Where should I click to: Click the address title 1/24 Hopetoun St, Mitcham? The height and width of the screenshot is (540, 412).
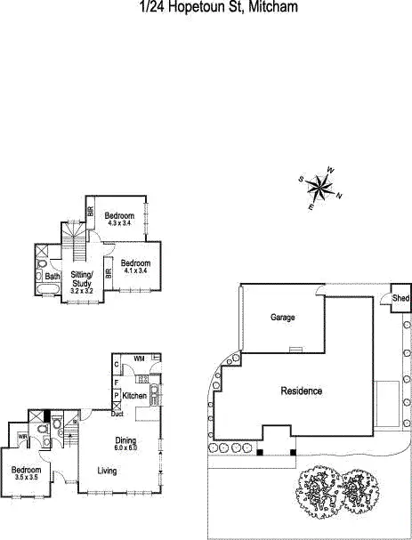[205, 7]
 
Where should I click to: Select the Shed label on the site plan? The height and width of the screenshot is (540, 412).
[401, 299]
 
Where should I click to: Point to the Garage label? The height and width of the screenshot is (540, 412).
[283, 317]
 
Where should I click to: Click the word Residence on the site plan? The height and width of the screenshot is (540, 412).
[302, 391]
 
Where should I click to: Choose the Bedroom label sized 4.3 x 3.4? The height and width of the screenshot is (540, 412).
[118, 216]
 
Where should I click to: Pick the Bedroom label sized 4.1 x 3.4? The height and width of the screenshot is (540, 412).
[135, 263]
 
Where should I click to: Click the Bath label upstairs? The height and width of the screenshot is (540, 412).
[53, 277]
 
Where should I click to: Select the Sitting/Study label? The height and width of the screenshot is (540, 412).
[82, 279]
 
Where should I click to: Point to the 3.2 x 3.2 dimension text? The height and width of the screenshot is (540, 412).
[82, 291]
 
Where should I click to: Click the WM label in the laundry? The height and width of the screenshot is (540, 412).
[139, 358]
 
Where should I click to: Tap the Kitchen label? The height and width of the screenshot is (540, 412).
[134, 395]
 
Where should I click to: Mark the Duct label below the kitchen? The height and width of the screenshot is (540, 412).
[117, 414]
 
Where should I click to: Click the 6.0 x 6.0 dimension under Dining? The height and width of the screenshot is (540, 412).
[125, 448]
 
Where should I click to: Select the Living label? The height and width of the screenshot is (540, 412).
[108, 471]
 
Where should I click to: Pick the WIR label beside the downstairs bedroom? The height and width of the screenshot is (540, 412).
[22, 437]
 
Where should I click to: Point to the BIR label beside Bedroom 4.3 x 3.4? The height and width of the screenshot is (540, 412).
[91, 212]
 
